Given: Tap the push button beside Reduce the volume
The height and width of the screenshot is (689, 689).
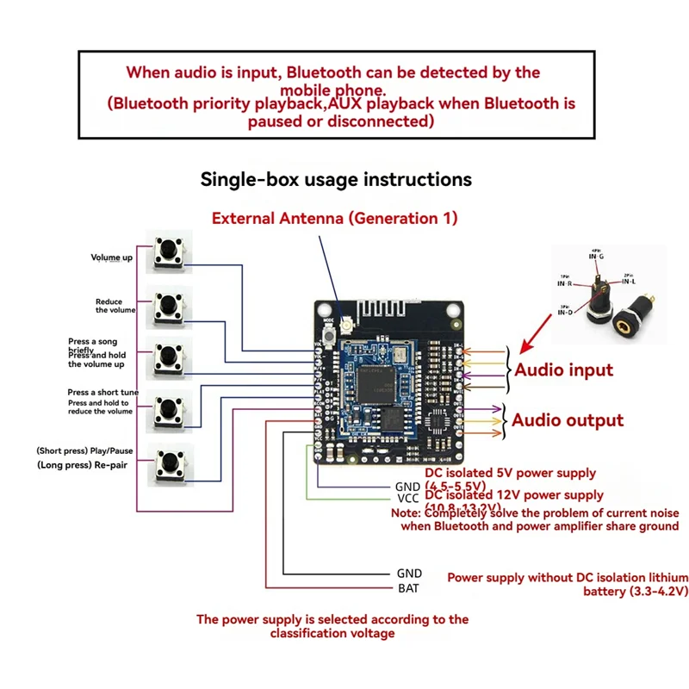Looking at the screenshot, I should point(169,306).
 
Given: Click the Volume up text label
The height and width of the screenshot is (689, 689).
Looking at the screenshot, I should point(112,258).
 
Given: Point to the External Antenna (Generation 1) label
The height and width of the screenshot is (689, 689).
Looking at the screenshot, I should point(335,218).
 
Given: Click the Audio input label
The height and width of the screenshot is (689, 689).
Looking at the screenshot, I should point(563,370).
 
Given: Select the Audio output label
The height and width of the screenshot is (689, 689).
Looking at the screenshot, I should point(568,420).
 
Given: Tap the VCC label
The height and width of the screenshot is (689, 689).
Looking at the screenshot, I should point(407,499).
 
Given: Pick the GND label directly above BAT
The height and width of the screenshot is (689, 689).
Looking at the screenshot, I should point(409,573).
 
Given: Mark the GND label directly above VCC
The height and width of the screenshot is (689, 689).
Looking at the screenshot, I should point(407,486).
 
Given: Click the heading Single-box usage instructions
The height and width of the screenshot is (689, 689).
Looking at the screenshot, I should point(336,179).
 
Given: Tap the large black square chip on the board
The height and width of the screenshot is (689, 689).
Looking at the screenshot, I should point(376,382).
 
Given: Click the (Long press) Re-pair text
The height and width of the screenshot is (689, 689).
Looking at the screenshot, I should point(84,465).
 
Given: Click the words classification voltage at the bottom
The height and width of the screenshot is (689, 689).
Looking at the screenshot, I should point(332,633).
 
